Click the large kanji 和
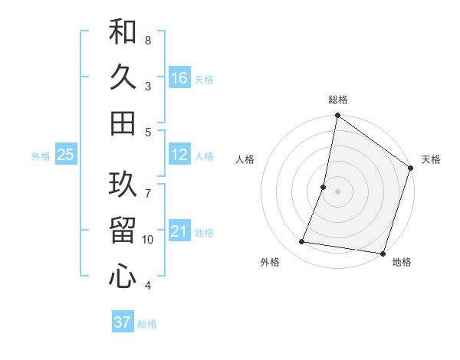point(123,32)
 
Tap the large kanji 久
point(123,77)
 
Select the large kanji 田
point(123,123)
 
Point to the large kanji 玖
point(123,184)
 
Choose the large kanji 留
point(123,231)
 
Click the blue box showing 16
point(179,78)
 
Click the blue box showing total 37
point(122,322)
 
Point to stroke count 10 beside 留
point(148,240)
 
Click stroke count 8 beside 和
point(148,40)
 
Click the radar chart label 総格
point(338,100)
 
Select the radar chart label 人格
point(245,159)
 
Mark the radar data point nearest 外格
point(302,242)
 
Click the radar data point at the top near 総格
point(337,116)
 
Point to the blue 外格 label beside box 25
point(41,156)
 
